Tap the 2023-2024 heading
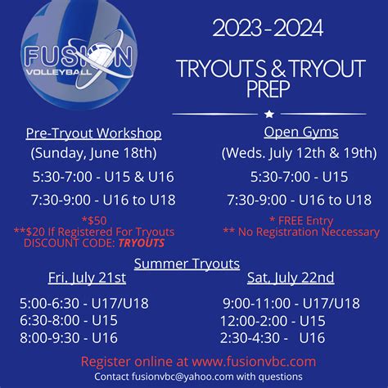click(x=268, y=30)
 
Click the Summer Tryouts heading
click(x=187, y=263)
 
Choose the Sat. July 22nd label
click(x=289, y=277)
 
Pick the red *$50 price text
click(x=95, y=220)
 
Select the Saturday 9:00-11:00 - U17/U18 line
click(x=291, y=303)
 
